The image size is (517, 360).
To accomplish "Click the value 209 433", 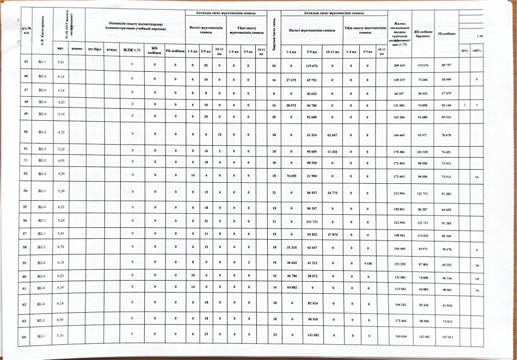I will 400,65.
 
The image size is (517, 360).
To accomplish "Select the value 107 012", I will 446,337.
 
